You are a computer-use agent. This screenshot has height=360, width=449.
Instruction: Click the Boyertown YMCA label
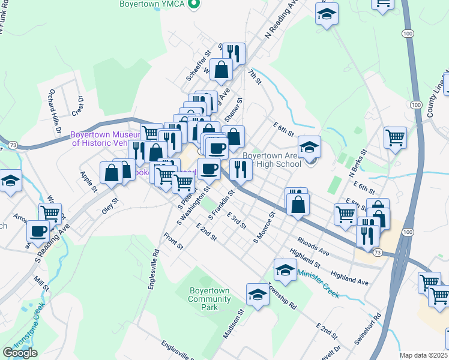[x=153, y=4]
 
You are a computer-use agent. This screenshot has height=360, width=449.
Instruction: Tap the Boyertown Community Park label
[x=209, y=299]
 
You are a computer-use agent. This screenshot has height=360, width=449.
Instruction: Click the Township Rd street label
[x=282, y=296]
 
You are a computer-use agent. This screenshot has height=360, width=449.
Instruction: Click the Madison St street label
[x=234, y=324]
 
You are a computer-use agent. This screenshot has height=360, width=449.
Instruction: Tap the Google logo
[x=20, y=353]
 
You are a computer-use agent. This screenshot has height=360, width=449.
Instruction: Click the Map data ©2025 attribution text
[x=423, y=355]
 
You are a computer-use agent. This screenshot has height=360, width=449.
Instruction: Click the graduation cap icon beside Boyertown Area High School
[x=310, y=146]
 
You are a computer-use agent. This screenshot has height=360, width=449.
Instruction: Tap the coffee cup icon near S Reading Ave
[x=38, y=230]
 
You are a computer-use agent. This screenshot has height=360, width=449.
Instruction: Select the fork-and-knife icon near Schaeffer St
[x=235, y=53]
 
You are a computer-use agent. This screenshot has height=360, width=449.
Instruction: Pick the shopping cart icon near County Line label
[x=395, y=137]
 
